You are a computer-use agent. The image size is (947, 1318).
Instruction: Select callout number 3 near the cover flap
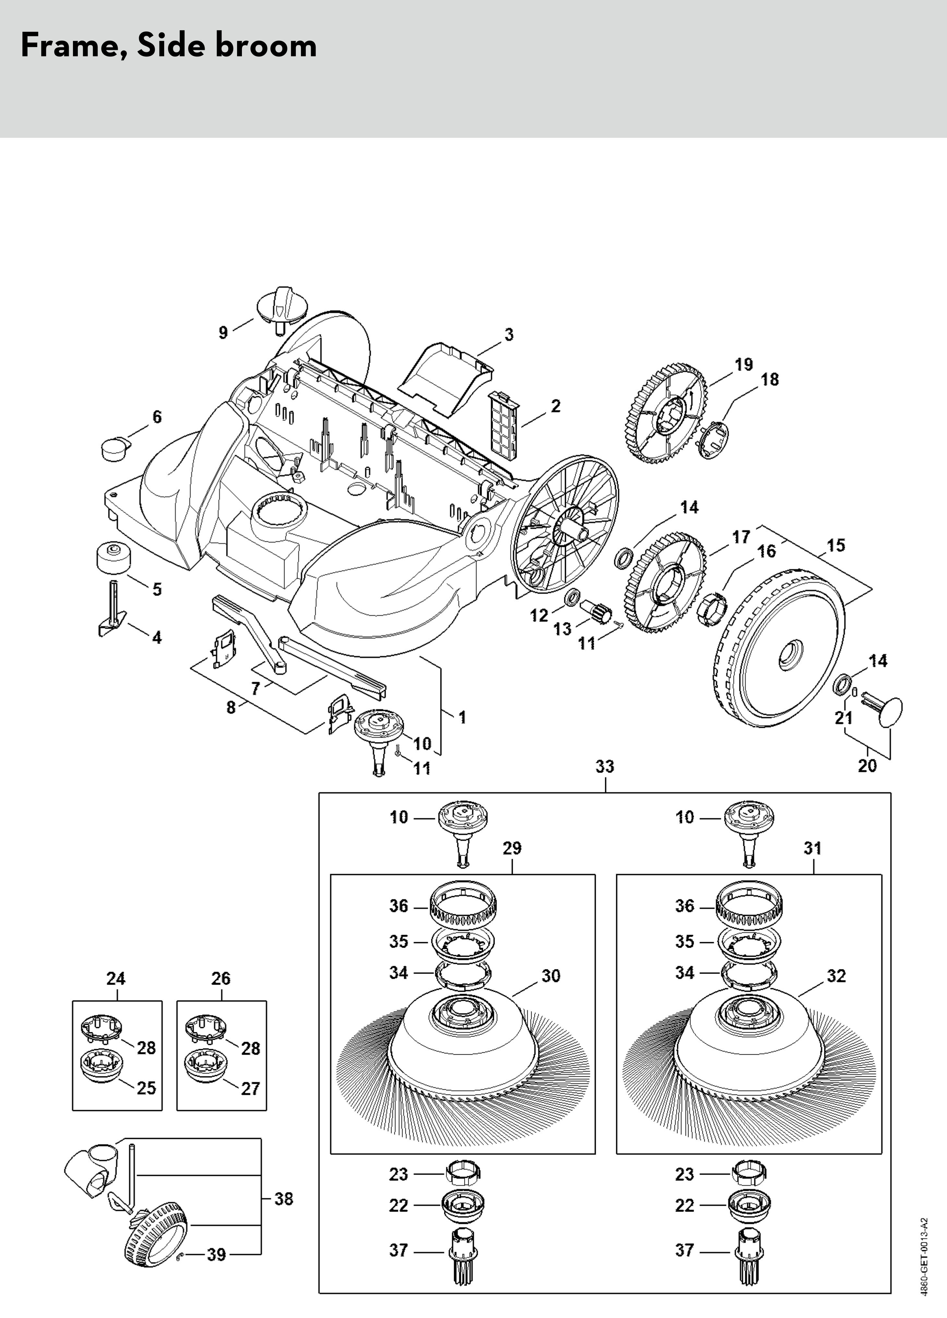point(509,335)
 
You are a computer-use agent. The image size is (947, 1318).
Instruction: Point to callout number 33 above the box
point(605,766)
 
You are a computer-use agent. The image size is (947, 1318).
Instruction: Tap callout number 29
point(512,848)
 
